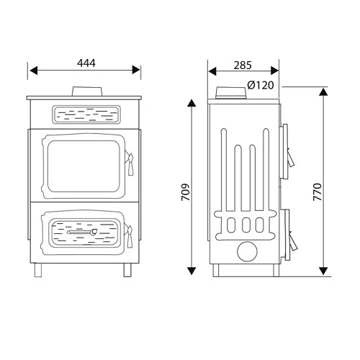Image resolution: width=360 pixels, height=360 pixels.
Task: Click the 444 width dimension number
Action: tap(85, 63)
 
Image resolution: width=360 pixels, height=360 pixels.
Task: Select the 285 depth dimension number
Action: tap(243, 65)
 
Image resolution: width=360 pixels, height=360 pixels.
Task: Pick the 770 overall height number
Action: tap(336, 191)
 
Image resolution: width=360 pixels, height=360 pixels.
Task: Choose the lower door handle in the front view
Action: tap(130, 233)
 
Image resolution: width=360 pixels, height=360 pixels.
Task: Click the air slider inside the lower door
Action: tap(84, 233)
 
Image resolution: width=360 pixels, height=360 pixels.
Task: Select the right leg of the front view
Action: tap(128, 270)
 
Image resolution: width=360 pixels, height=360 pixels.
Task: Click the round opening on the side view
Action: tap(247, 251)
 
